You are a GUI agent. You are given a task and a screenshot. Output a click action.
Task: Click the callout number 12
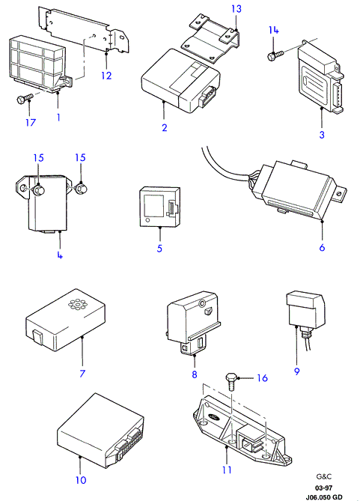(x=106, y=76)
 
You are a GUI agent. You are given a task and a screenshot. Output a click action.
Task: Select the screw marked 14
(x=275, y=55)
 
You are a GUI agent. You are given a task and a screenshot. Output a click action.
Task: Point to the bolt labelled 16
(x=231, y=381)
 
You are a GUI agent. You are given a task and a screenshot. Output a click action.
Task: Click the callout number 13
(x=237, y=9)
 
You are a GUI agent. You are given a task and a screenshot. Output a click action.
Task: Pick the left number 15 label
(x=38, y=158)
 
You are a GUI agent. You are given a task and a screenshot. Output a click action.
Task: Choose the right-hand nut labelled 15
(x=82, y=189)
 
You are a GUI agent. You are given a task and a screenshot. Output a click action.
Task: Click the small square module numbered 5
(x=160, y=207)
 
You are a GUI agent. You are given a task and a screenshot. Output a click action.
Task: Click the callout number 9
(x=296, y=371)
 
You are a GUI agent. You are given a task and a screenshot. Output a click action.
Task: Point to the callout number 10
(x=81, y=479)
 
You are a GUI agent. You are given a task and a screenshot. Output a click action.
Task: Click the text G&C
(x=324, y=477)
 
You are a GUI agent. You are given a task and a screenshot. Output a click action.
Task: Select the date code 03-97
(x=323, y=488)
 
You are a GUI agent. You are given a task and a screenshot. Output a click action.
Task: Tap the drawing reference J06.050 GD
(x=324, y=497)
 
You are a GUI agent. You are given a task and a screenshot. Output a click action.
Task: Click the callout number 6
(x=322, y=247)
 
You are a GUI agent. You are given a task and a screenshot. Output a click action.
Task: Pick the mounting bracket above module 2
(x=211, y=38)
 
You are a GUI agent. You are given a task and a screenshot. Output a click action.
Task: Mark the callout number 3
(x=322, y=135)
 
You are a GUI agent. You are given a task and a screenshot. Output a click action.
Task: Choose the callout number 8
(x=195, y=374)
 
